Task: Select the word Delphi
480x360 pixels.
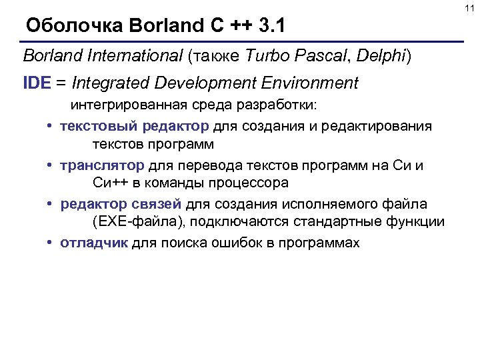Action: click(381, 56)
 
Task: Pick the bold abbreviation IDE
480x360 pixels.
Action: click(36, 83)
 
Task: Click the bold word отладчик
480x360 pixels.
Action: click(93, 243)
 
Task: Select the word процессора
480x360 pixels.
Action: click(247, 183)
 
